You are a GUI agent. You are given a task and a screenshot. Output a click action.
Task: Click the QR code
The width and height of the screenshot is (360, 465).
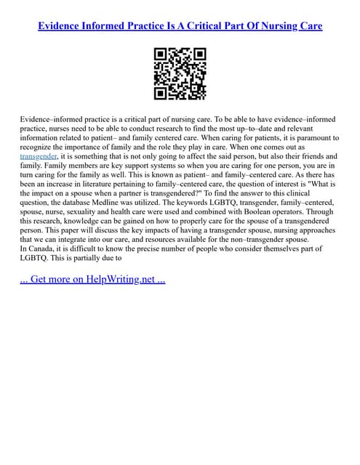[180, 73]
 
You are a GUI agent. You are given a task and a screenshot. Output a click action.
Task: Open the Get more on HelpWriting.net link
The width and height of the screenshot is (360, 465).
[92, 279]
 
